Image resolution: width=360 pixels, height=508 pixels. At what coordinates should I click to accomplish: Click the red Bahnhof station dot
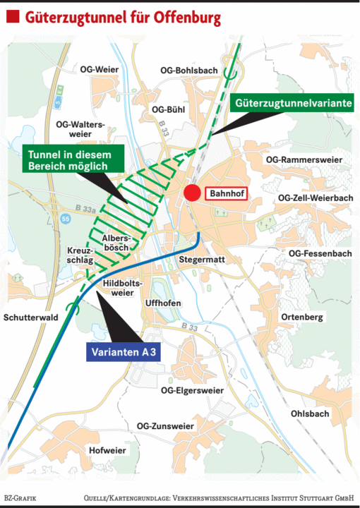pos(191,193)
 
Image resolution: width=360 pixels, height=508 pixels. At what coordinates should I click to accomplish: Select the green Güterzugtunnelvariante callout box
pos(292,103)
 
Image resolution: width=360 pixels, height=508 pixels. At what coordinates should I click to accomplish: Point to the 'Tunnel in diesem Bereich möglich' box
pos(67,159)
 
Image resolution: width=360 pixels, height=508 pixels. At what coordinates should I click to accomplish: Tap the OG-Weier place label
pos(97,69)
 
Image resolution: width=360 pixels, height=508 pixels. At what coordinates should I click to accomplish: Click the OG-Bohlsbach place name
pos(188,71)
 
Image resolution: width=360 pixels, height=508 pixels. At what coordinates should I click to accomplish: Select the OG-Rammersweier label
pos(304,160)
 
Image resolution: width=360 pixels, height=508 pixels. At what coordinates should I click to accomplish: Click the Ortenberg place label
pos(302,317)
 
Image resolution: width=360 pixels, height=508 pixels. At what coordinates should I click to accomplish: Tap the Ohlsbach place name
pos(309,413)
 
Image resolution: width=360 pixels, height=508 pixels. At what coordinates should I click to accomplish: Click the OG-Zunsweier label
pos(165,426)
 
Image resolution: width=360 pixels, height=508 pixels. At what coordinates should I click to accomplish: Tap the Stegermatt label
pos(202,260)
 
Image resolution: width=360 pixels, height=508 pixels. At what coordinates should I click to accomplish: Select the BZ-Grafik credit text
pos(20,498)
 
